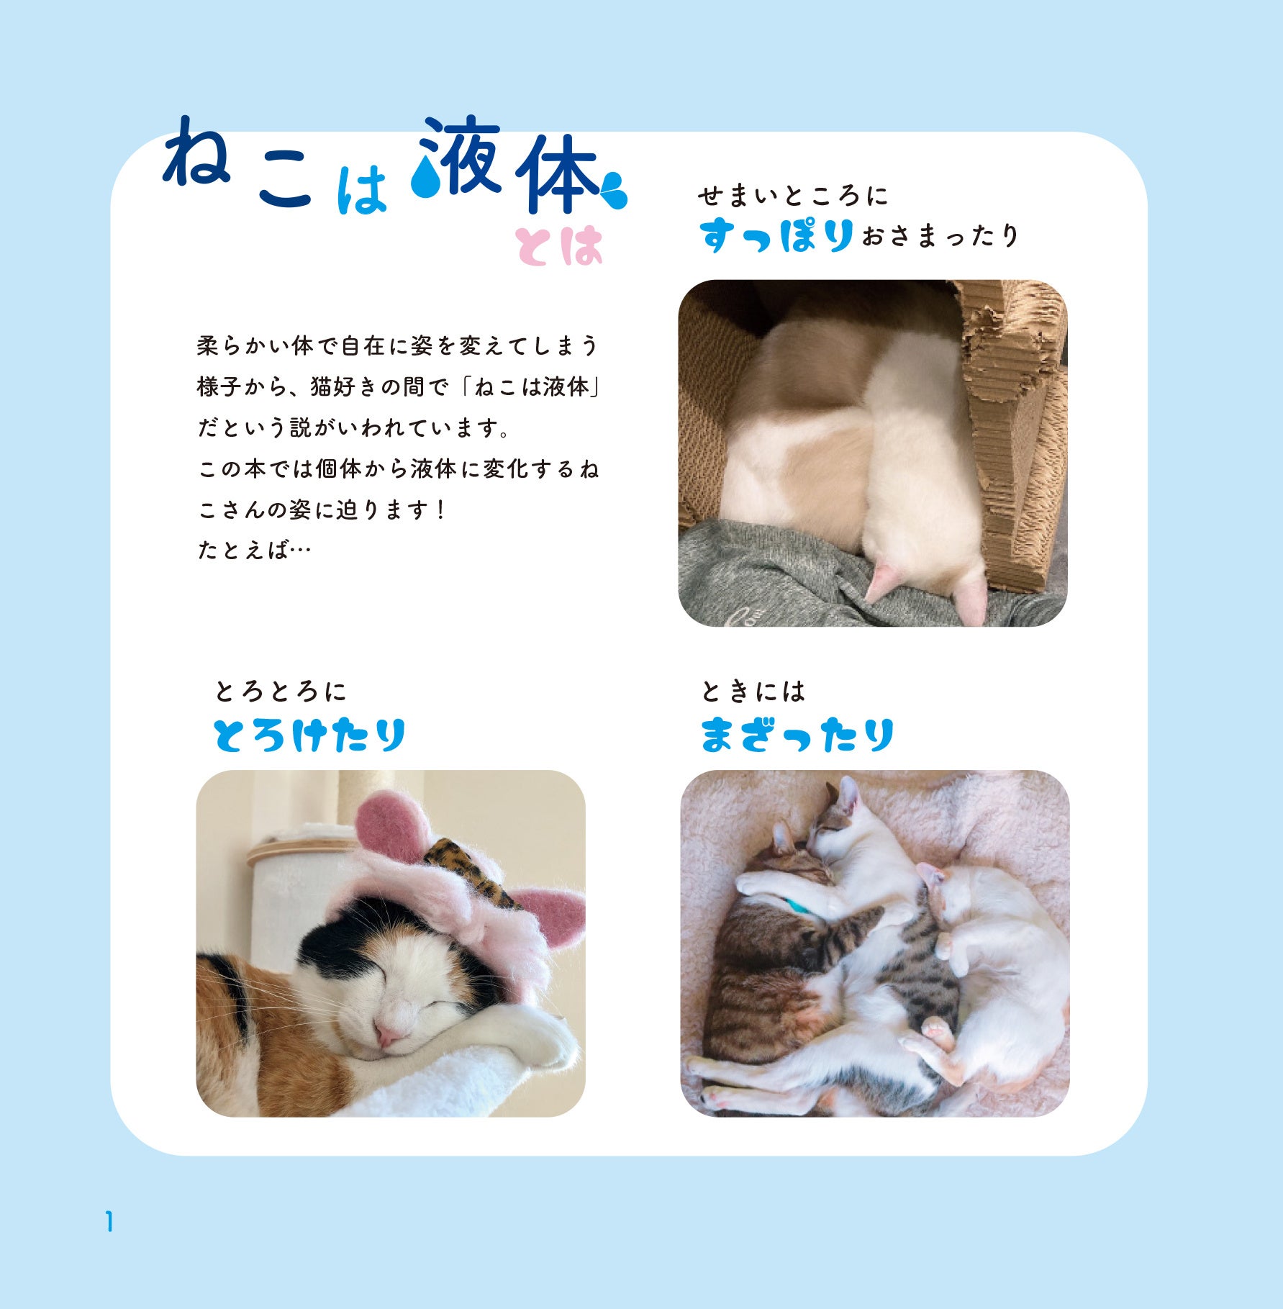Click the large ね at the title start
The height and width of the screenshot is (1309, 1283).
[x=196, y=153]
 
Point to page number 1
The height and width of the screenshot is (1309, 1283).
[x=109, y=1222]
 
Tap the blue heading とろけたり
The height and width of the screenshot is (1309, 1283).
[x=309, y=735]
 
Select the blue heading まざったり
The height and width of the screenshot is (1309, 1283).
[x=797, y=735]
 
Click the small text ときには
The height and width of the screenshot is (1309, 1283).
[x=753, y=692]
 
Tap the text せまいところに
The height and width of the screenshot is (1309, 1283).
[x=792, y=196]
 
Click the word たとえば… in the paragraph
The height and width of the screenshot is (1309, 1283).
[x=254, y=551]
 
